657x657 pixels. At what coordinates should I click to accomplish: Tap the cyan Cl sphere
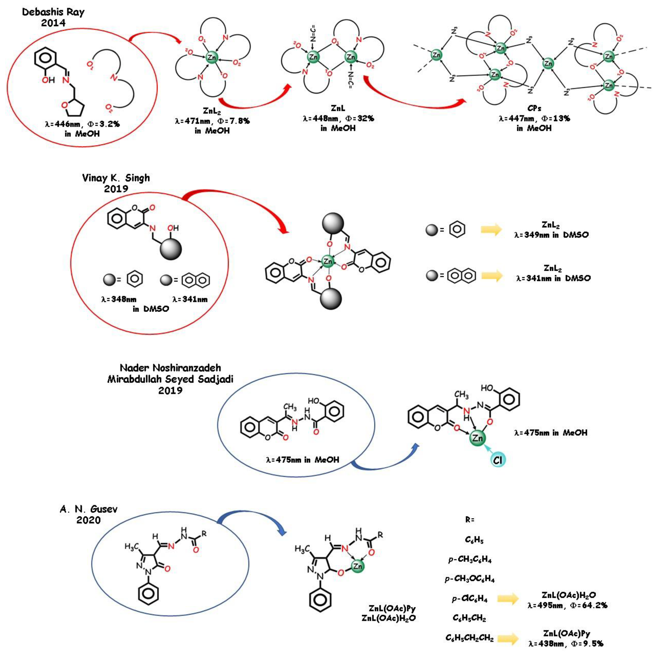[498, 460]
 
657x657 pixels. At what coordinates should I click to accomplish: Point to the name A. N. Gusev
[89, 509]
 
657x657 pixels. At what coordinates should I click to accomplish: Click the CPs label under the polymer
[534, 108]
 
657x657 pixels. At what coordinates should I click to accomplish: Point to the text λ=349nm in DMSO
[551, 235]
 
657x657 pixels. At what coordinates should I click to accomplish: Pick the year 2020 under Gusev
[89, 520]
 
